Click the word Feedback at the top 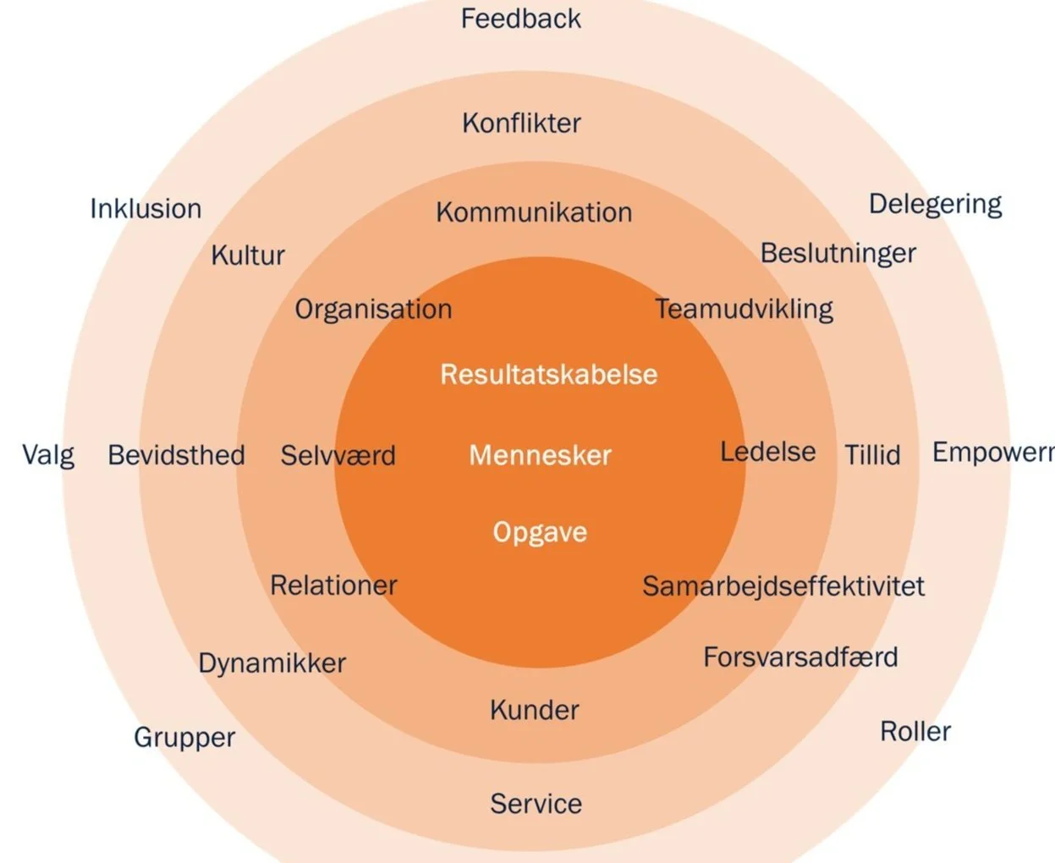click(x=520, y=19)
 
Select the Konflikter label click(x=521, y=124)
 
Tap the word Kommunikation click(x=534, y=212)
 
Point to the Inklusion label click(x=146, y=209)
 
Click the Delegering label click(x=935, y=204)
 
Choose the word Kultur click(x=248, y=255)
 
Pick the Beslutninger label click(x=838, y=253)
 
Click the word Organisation click(x=373, y=310)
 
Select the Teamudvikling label click(x=744, y=309)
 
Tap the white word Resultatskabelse click(x=548, y=374)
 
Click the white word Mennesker click(x=540, y=455)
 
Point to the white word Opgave click(x=540, y=532)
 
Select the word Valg click(x=48, y=455)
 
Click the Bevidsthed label click(x=176, y=455)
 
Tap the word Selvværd click(x=338, y=455)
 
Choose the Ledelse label click(x=767, y=452)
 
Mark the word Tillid click(x=872, y=455)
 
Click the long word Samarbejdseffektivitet click(x=783, y=585)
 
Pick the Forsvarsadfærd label click(x=800, y=657)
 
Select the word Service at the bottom click(x=536, y=804)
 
